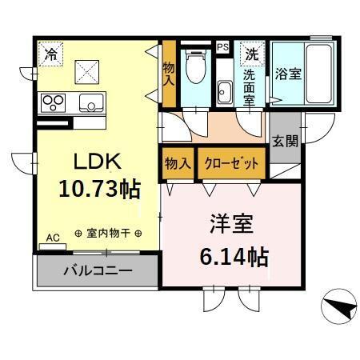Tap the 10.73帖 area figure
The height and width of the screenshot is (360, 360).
[99, 189]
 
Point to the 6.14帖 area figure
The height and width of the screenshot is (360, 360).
[232, 258]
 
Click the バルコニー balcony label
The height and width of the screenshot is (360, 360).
[98, 271]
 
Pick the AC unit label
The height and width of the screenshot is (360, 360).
[53, 238]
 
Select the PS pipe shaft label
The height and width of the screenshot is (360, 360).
[222, 48]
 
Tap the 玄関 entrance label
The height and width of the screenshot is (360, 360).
[284, 142]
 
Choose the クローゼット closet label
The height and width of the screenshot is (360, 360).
[232, 163]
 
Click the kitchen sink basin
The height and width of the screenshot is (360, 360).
[90, 102]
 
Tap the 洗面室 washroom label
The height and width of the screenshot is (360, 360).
[250, 86]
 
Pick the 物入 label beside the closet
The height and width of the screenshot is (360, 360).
[178, 163]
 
